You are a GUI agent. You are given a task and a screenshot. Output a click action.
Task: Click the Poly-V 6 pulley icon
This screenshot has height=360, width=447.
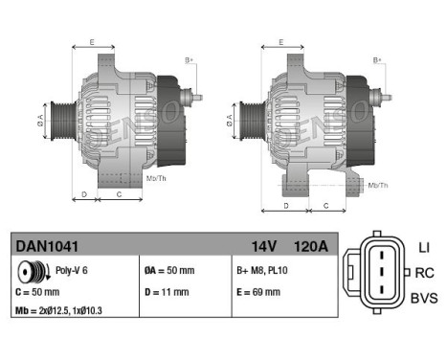(x=32, y=271)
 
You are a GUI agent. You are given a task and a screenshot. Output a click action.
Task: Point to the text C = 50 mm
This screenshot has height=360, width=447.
(x=36, y=291)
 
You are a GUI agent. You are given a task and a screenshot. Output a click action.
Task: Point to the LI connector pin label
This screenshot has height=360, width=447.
(x=423, y=248)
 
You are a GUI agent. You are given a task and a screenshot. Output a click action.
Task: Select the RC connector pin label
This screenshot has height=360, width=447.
(x=424, y=273)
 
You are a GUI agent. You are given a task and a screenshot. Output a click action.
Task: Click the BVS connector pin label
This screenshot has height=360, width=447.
(x=423, y=299)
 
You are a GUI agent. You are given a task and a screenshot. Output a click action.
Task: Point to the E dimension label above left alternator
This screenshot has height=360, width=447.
(x=92, y=43)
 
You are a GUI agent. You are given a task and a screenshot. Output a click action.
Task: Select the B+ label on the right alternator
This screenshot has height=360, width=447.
(x=377, y=60)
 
